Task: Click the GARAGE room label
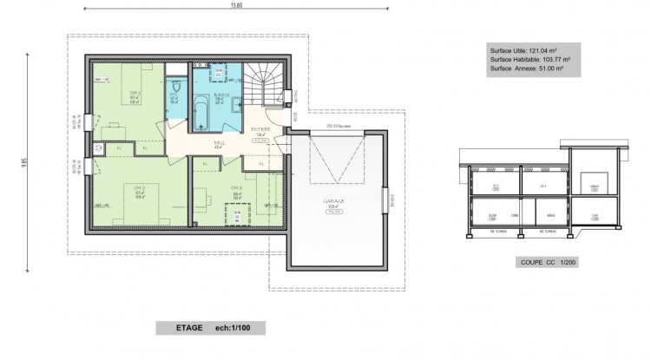pos(335,201)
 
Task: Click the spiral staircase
pos(262,85)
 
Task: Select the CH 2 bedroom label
pos(138,187)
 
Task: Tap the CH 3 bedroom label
pos(235,188)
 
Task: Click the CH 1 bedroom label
pos(135,92)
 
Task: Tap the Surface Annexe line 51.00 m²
pos(527,68)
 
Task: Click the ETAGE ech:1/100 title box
pos(210,328)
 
